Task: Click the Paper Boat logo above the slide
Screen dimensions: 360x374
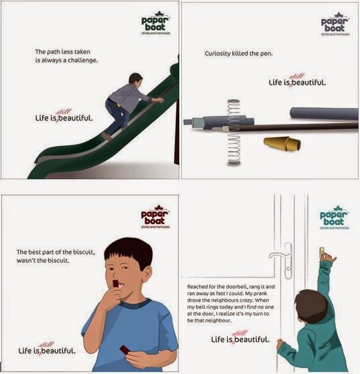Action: click(x=155, y=23)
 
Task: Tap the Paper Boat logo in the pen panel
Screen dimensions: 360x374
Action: click(x=335, y=24)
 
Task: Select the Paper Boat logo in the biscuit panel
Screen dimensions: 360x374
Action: click(x=155, y=217)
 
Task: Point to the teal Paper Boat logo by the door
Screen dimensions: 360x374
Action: click(x=334, y=217)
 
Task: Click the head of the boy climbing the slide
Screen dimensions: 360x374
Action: click(x=136, y=80)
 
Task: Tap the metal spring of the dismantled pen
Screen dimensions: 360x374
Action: click(x=234, y=132)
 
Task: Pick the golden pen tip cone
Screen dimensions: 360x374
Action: click(x=282, y=144)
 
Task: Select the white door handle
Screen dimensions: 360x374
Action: click(x=282, y=260)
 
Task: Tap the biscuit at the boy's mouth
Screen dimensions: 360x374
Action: click(x=116, y=284)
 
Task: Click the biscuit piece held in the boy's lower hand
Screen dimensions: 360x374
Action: click(x=124, y=349)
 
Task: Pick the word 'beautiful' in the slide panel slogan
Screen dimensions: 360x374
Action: click(x=76, y=118)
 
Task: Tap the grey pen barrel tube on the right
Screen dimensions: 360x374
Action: click(x=324, y=113)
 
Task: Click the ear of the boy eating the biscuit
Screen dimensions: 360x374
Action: click(x=147, y=274)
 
